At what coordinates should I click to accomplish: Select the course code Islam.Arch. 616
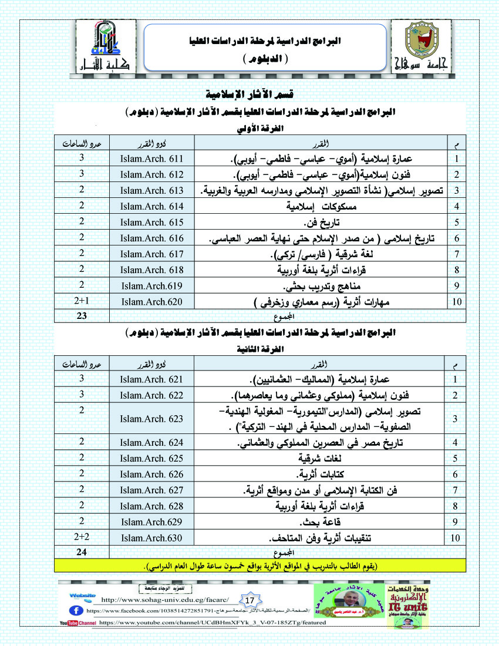(152, 238)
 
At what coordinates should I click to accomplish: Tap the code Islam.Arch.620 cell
(152, 302)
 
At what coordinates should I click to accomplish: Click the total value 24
(83, 552)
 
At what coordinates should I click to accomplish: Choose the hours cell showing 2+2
(83, 537)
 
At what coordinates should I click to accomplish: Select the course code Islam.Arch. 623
(152, 419)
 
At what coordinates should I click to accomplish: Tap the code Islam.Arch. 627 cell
(152, 490)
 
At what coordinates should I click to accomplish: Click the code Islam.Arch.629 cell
(152, 521)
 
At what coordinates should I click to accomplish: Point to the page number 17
(249, 600)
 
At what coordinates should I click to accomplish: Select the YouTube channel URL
(213, 622)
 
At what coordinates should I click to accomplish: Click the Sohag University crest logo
(421, 45)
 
